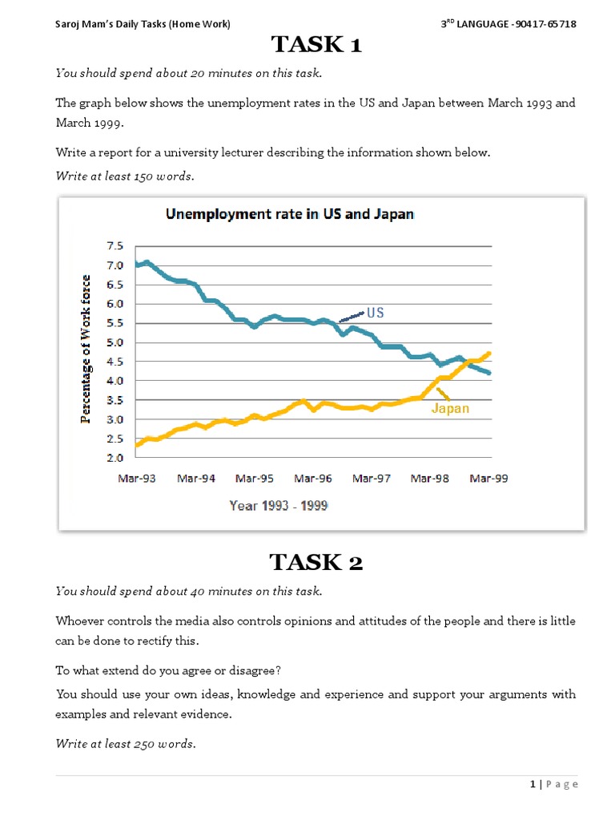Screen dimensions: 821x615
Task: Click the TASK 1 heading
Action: click(x=316, y=45)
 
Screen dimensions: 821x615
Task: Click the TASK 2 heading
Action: click(x=316, y=563)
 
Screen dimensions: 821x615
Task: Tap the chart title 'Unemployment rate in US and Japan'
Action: click(x=289, y=214)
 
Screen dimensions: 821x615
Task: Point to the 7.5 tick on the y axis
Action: click(x=115, y=246)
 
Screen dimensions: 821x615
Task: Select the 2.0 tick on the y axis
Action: click(x=115, y=458)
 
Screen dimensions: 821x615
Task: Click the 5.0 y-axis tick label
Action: click(x=115, y=342)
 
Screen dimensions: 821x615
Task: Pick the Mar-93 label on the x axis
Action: click(x=137, y=479)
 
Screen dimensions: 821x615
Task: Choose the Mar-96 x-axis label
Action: click(x=313, y=479)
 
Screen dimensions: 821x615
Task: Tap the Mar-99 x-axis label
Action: click(x=489, y=479)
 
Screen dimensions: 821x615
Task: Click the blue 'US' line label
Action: click(x=375, y=313)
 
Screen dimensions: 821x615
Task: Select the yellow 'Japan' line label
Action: click(x=450, y=408)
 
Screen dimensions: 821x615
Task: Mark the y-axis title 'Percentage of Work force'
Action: click(x=86, y=350)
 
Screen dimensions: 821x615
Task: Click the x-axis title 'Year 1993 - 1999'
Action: click(x=278, y=506)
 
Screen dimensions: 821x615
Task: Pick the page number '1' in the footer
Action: click(x=533, y=784)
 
